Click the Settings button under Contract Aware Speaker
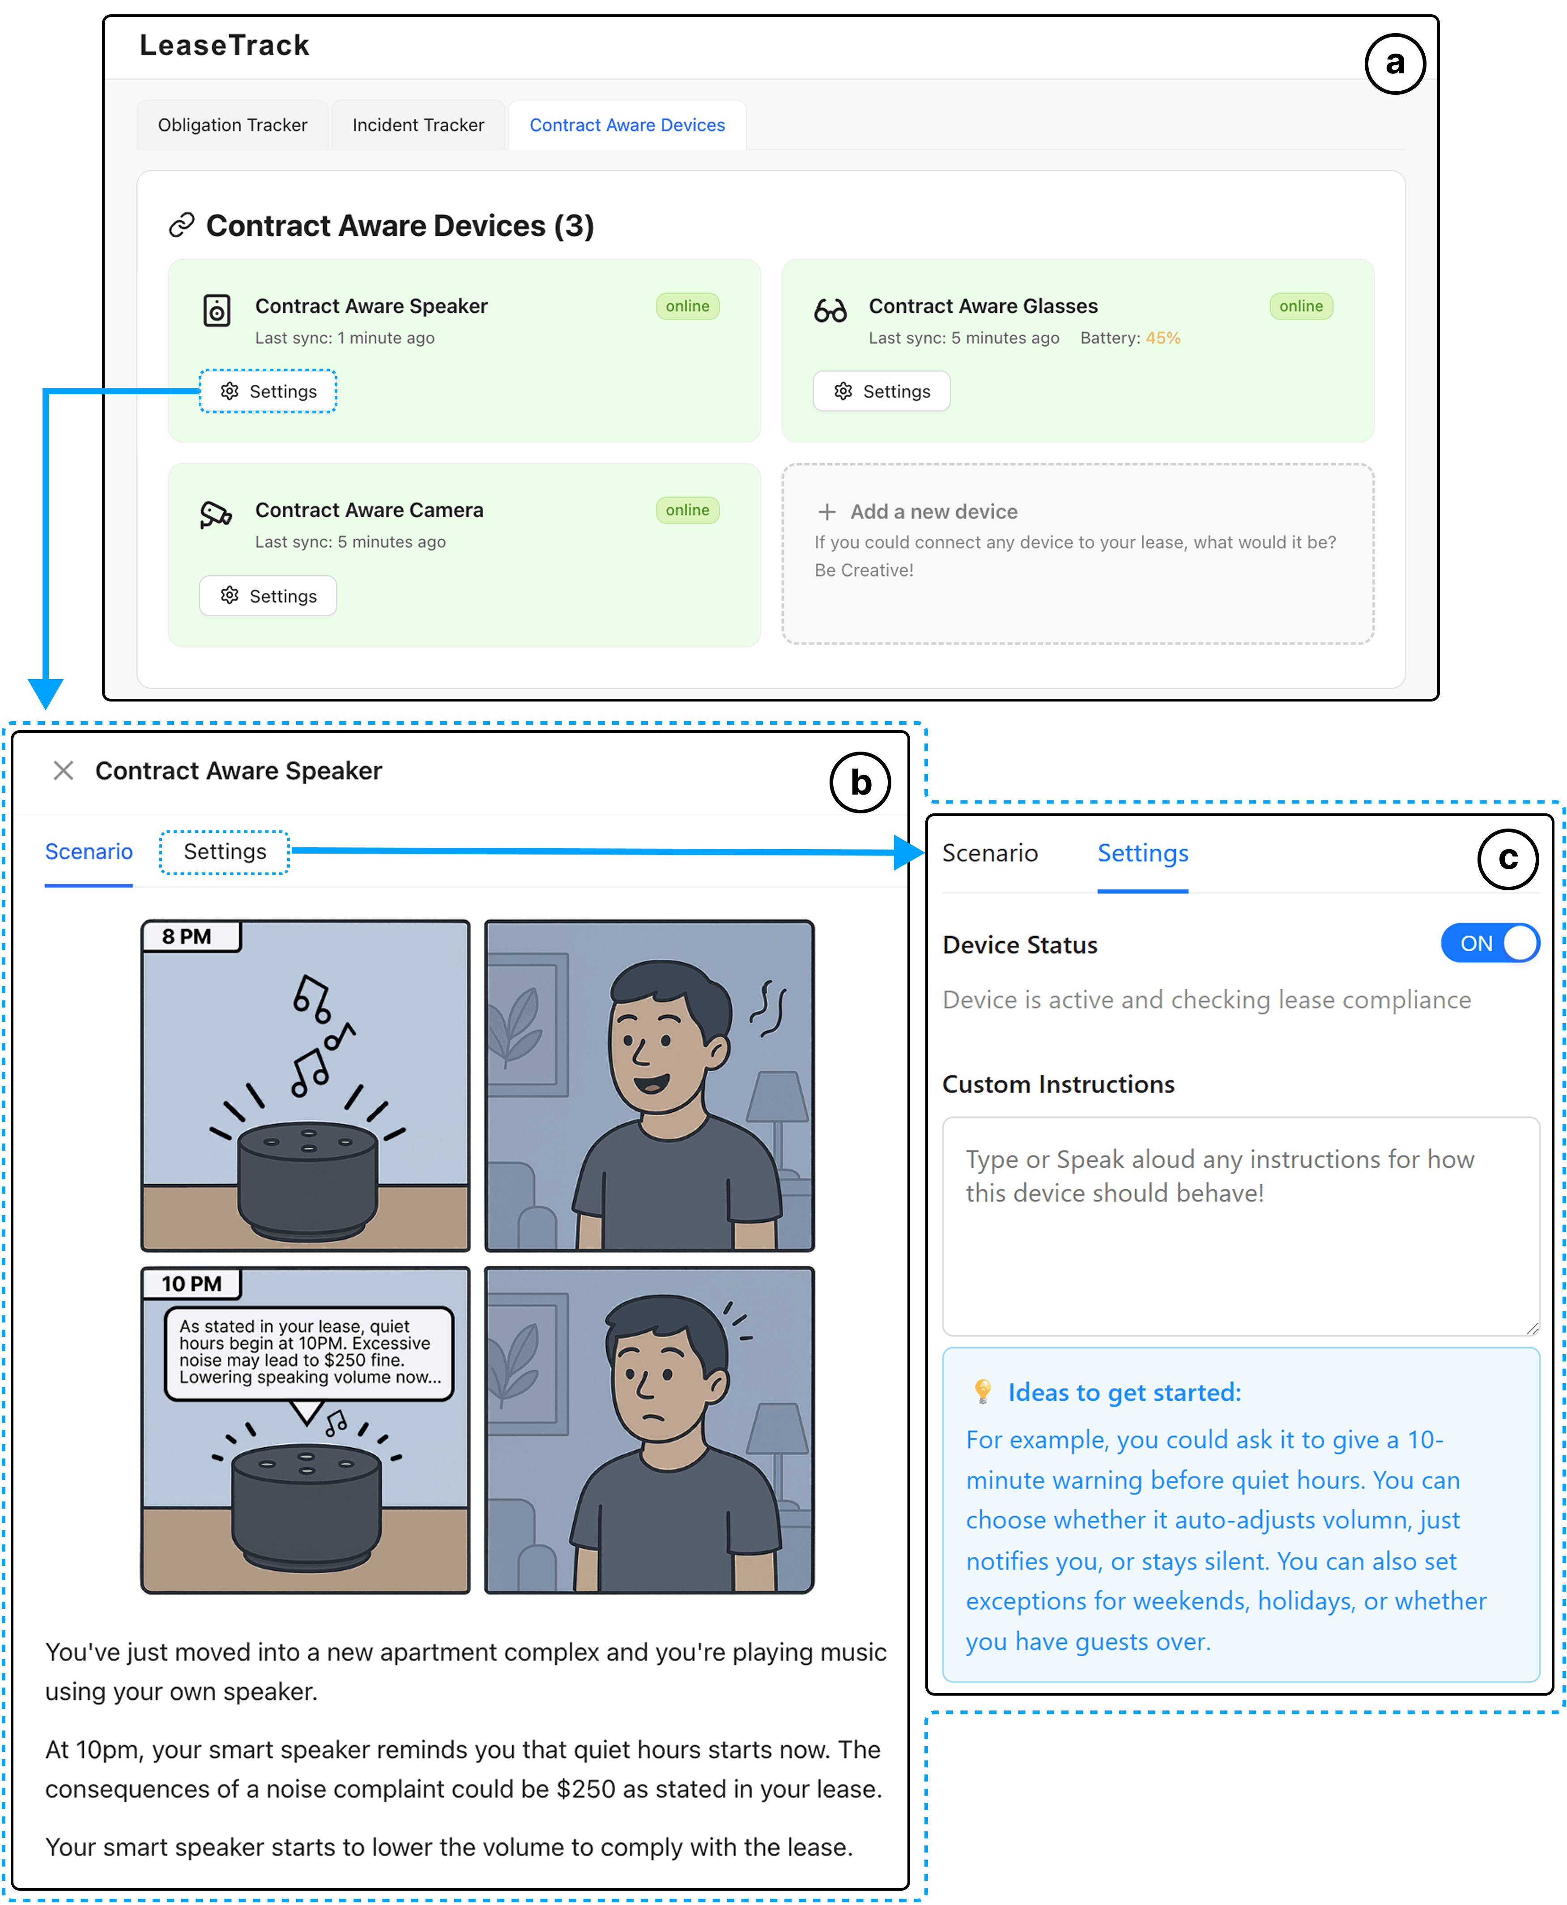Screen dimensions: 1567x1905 coord(268,391)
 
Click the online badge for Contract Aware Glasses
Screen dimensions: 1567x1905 coord(1301,306)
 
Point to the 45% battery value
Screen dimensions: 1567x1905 coord(1162,337)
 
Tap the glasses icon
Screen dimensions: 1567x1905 coord(830,310)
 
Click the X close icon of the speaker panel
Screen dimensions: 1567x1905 coord(63,771)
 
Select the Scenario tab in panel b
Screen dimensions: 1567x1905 coord(89,852)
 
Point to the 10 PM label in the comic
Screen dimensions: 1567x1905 coord(192,1283)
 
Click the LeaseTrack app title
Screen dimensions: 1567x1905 coord(224,45)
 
